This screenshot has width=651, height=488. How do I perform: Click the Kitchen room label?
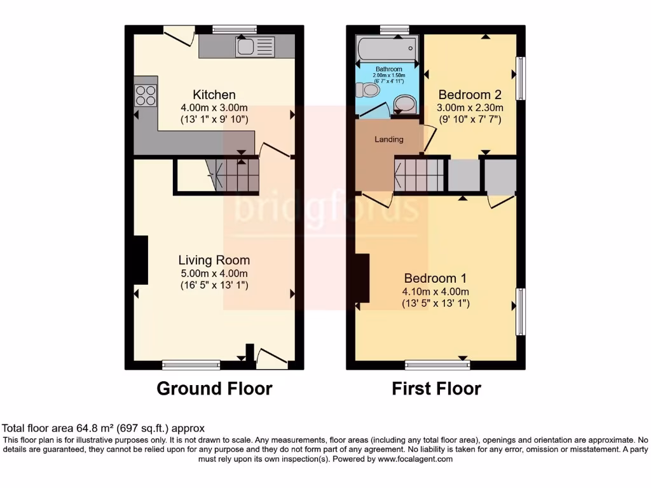214,95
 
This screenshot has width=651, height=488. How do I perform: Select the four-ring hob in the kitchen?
146,95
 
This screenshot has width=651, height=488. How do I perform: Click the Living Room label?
214,260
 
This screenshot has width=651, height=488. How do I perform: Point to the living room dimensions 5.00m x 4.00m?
214,273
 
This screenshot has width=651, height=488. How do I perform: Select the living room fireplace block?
140,259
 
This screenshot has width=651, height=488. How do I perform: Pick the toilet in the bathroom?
368,91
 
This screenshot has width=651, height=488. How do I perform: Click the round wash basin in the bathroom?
404,104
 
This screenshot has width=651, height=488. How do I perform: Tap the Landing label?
388,139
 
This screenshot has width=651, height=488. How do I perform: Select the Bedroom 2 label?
470,95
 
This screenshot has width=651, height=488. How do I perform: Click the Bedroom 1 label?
435,278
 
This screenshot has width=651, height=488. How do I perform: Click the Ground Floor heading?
214,388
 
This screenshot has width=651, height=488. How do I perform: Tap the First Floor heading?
436,388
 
